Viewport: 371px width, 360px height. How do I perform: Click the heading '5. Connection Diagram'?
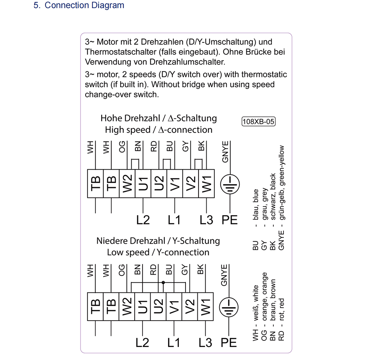coord(79,6)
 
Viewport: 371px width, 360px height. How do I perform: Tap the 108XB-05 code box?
coord(259,121)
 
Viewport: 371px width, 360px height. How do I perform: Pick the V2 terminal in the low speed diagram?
coord(190,307)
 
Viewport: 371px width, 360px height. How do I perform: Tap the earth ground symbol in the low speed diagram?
coord(230,307)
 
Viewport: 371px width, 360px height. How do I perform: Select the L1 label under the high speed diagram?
coord(174,220)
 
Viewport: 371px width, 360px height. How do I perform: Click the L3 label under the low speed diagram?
coord(206,343)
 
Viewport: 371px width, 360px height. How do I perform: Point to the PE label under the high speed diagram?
coord(230,220)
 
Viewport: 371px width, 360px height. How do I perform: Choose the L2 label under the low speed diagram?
coord(142,343)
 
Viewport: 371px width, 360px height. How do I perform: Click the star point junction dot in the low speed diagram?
coord(163,283)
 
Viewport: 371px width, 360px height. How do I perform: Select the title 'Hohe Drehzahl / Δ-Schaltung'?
coord(158,118)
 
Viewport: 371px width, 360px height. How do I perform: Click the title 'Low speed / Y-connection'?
coord(158,252)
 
